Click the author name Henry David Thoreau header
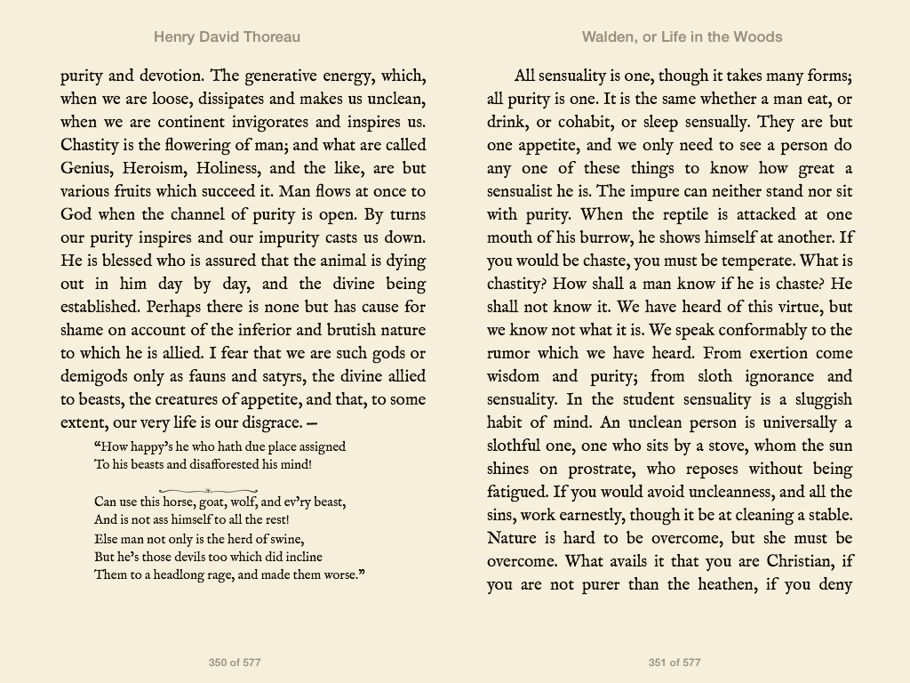point(227,37)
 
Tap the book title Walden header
point(682,37)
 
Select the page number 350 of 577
point(235,663)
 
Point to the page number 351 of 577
point(675,663)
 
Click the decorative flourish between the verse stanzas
point(208,491)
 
